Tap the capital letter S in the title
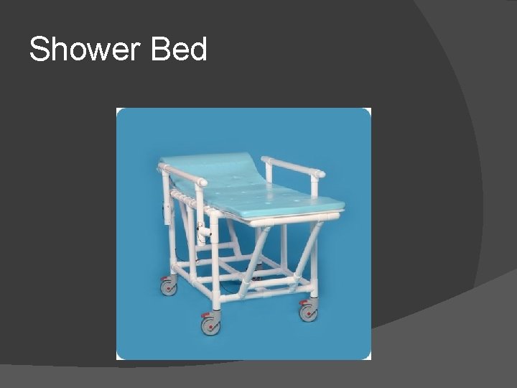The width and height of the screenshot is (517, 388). [39, 50]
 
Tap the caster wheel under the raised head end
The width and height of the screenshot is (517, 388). [169, 287]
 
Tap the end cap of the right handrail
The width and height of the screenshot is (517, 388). [320, 174]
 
